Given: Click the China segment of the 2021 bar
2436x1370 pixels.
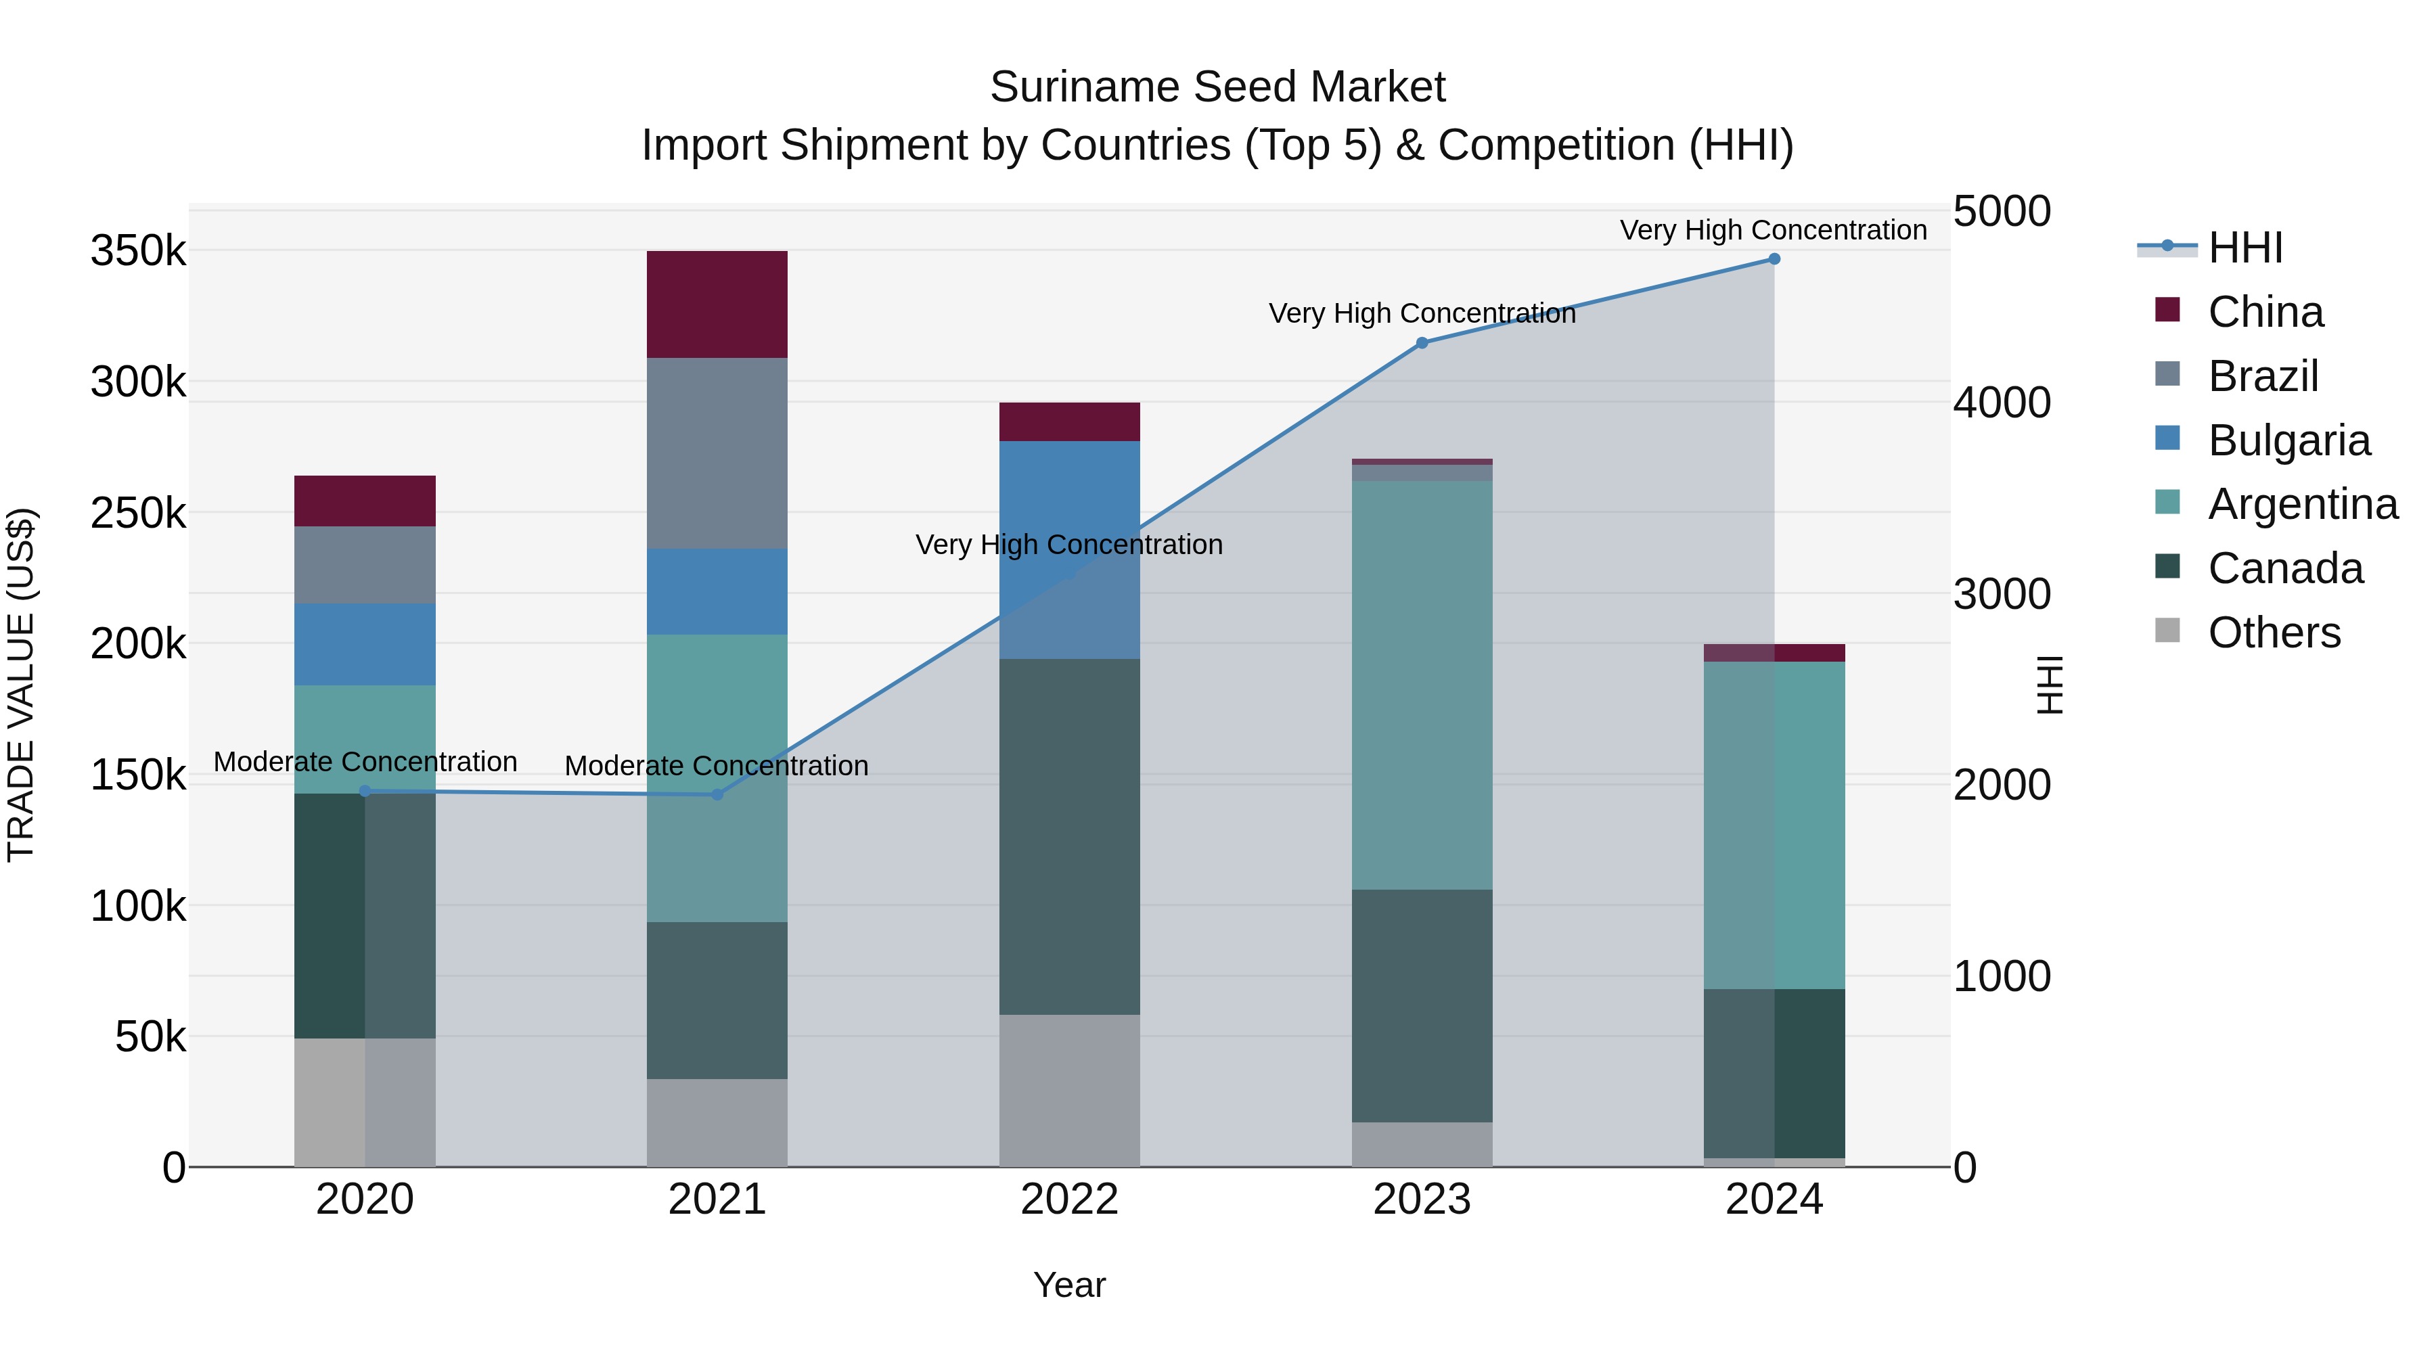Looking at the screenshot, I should (x=717, y=304).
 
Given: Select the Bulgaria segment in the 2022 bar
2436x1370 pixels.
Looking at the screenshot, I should (x=1070, y=549).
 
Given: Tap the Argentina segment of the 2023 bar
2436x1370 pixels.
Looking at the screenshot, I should (x=1421, y=685).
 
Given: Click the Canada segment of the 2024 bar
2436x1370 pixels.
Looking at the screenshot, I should (x=1774, y=1073).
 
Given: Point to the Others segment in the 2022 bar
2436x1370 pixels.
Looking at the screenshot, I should (x=1070, y=1090).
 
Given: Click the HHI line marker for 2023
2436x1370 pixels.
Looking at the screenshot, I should (x=1421, y=343).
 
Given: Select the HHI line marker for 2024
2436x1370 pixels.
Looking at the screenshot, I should (x=1774, y=259).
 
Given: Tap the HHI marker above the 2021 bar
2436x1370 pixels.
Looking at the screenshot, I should (x=717, y=795).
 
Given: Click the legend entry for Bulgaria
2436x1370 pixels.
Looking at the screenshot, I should (x=2288, y=440).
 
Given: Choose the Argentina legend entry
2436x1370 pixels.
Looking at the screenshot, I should (x=2302, y=505).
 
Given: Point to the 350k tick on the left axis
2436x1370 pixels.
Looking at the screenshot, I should (x=138, y=252).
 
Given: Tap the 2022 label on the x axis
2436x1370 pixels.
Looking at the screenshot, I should (x=1070, y=1200).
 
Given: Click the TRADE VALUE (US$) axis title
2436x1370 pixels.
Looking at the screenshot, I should (x=21, y=685).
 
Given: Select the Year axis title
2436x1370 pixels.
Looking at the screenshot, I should (x=1070, y=1285).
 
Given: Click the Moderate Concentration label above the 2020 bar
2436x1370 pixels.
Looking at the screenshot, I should (x=365, y=762).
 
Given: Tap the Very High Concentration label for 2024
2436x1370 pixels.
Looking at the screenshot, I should (x=1773, y=230).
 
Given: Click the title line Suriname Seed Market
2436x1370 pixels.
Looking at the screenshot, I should (x=1217, y=87).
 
